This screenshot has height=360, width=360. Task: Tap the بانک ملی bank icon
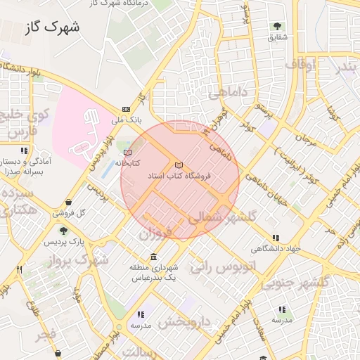pos(126,109)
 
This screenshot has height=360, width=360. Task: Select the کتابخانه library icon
pos(127,152)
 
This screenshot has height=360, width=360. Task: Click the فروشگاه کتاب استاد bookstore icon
pos(177,165)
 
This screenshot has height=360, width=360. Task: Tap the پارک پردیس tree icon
pos(64,230)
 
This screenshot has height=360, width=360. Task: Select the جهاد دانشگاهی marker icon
pos(276,238)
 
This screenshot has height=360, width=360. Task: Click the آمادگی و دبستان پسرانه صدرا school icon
pos(25,150)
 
